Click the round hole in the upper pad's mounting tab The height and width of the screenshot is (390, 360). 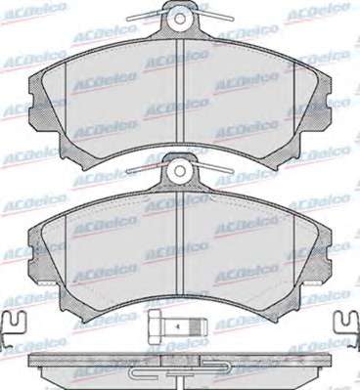(x=180, y=18)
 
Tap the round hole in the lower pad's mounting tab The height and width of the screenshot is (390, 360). (x=180, y=170)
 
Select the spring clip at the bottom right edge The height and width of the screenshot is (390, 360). (x=347, y=328)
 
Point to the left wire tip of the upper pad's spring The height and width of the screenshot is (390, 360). (x=128, y=19)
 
